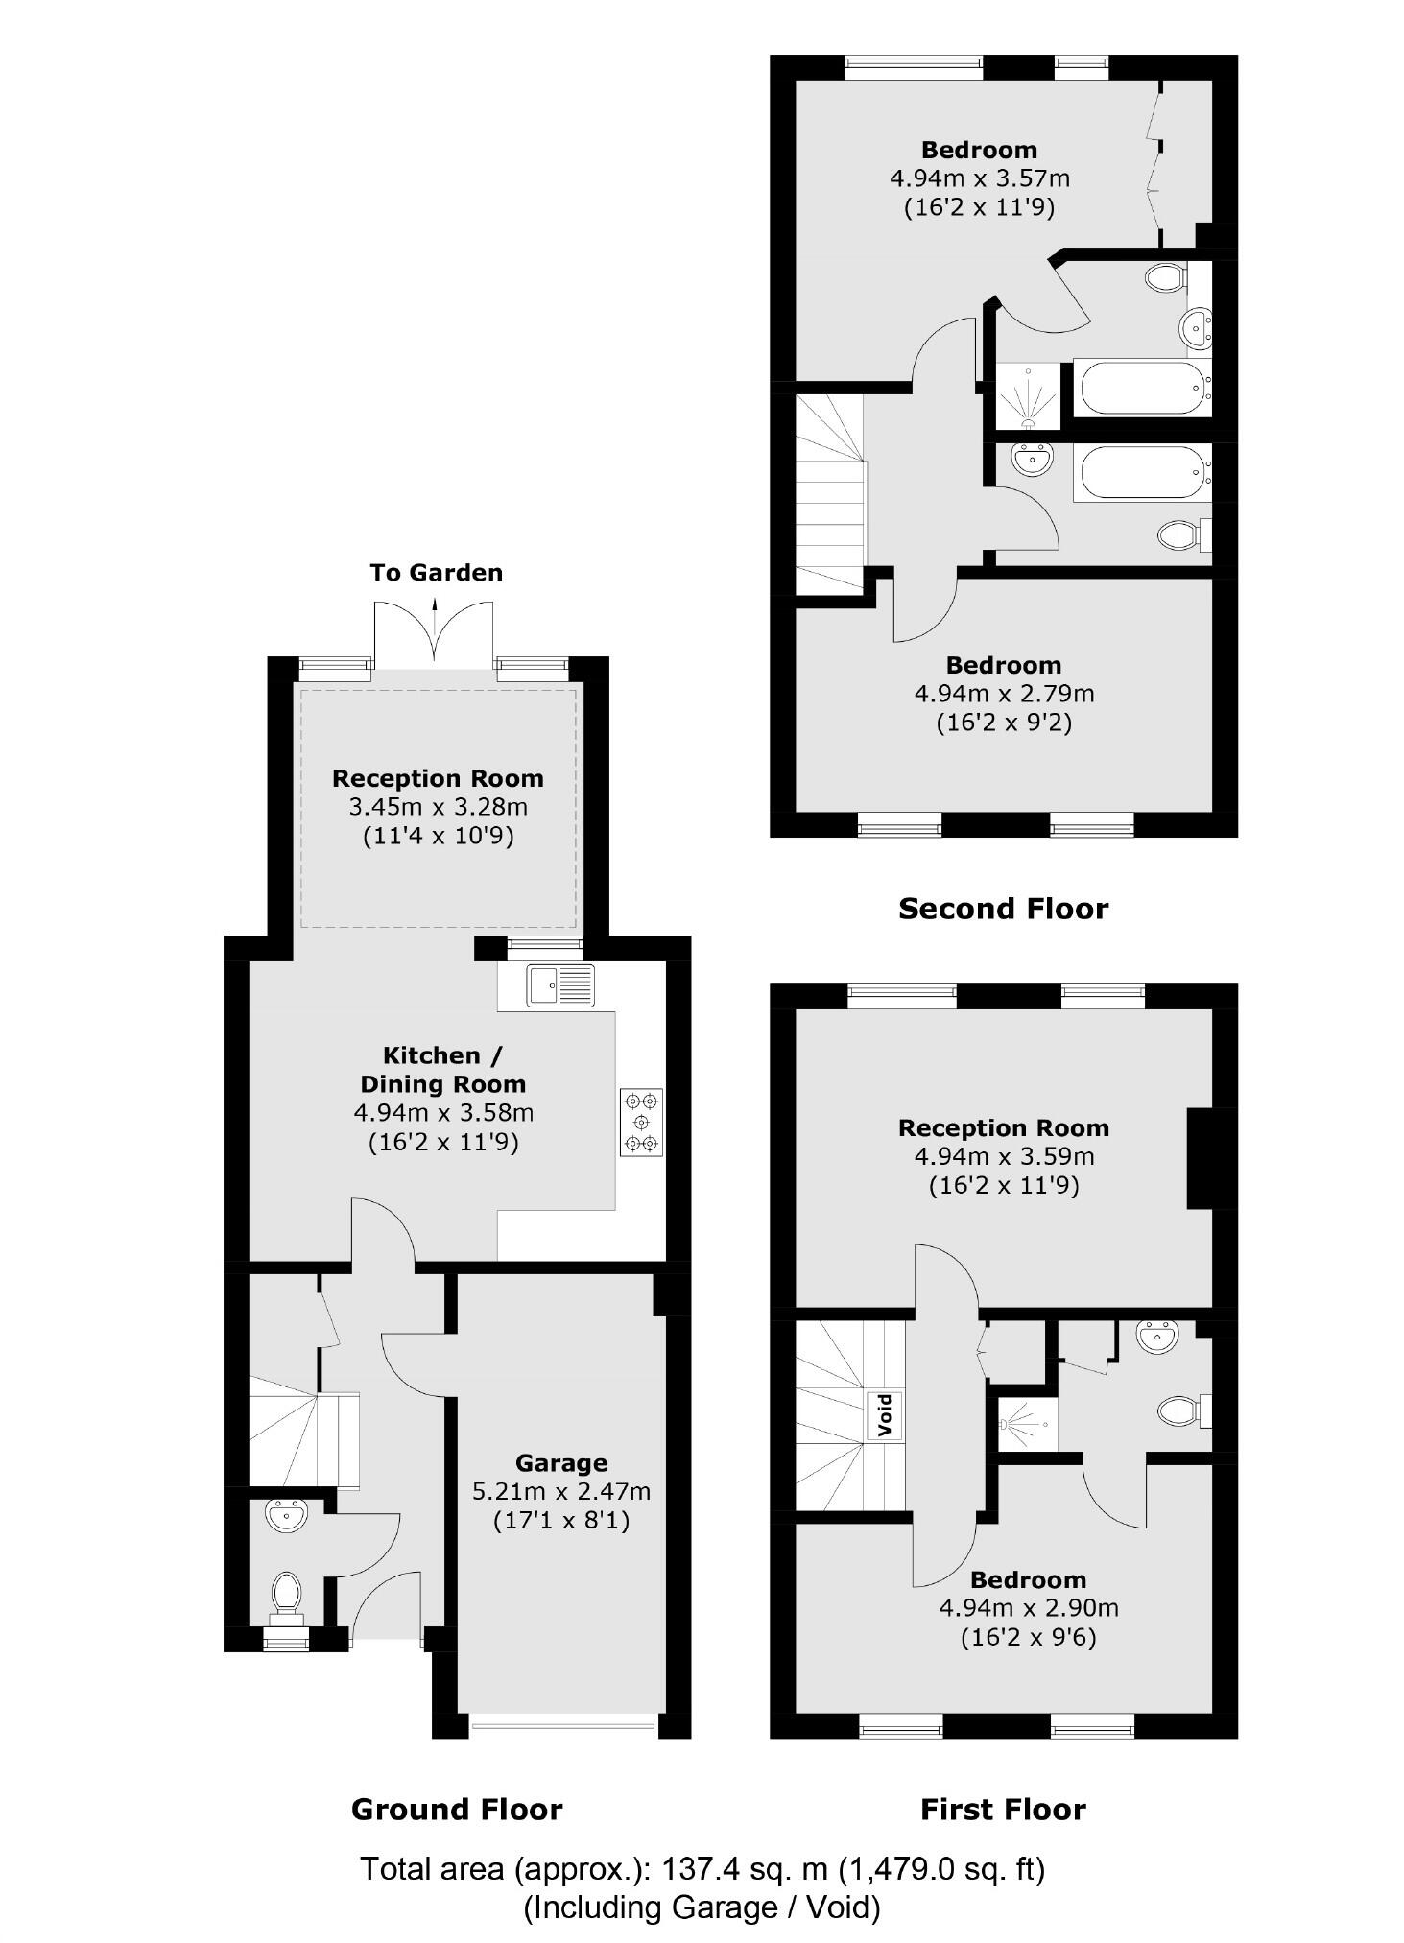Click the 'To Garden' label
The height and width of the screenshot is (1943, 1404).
coord(436,573)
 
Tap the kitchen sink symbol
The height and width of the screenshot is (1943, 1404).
coord(560,985)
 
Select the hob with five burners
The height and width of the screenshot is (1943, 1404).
coord(641,1121)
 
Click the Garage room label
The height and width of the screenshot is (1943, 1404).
coord(560,1462)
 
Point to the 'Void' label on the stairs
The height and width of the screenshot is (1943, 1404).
coord(885,1414)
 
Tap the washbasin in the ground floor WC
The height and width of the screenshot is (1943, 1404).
coord(287,1516)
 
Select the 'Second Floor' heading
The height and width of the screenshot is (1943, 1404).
coord(1003,909)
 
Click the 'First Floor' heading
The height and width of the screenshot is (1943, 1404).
coord(1003,1809)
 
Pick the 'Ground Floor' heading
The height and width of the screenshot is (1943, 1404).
coord(457,1809)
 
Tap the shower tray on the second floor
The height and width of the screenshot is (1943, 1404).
coord(1029,396)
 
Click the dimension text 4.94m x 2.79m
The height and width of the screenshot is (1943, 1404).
coord(1004,693)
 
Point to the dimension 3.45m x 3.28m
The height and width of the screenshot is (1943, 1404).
coord(438,807)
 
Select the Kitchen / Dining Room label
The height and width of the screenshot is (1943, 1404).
coord(442,1069)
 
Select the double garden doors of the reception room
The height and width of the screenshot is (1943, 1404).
coord(434,633)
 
